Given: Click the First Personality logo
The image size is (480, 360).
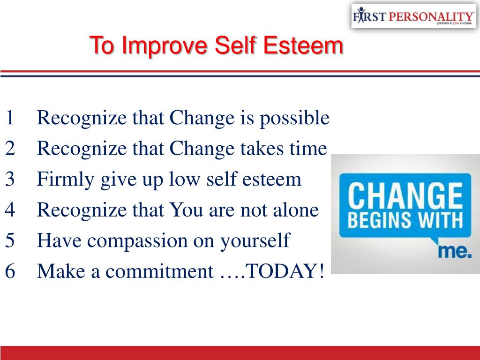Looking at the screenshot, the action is [413, 16].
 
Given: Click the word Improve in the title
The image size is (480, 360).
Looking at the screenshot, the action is [165, 45].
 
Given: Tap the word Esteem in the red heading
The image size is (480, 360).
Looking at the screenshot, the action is [303, 45].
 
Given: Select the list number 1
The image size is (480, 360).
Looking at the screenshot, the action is [10, 118].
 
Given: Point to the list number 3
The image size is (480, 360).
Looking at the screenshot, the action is [10, 179].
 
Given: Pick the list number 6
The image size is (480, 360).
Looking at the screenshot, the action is [10, 271].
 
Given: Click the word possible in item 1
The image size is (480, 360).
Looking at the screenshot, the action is [294, 119].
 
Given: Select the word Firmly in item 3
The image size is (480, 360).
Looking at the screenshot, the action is [66, 180].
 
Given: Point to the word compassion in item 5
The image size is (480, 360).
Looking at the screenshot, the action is [137, 241].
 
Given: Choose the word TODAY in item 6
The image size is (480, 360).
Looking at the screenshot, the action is [281, 271].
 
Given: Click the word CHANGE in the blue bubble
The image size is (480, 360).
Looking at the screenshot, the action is [405, 195].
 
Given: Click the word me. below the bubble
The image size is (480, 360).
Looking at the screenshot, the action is [454, 251].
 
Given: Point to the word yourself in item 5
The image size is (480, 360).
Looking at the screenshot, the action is [255, 241].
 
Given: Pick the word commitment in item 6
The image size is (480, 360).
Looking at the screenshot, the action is [159, 271].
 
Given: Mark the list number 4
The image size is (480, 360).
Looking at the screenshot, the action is [10, 210].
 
